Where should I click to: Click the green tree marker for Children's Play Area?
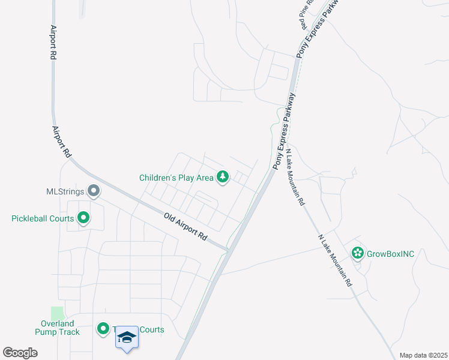tap(223, 177)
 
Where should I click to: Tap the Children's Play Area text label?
tap(176, 178)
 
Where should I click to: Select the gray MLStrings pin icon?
tap(94, 191)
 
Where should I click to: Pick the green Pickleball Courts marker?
tap(83, 218)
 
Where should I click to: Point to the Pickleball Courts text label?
tap(43, 218)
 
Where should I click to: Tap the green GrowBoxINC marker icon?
tap(358, 253)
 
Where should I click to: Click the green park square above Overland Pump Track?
tap(57, 313)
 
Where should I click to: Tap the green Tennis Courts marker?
tap(103, 329)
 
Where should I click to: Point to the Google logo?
tap(20, 352)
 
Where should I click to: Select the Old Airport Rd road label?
tap(185, 227)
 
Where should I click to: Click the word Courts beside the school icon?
tap(151, 329)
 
